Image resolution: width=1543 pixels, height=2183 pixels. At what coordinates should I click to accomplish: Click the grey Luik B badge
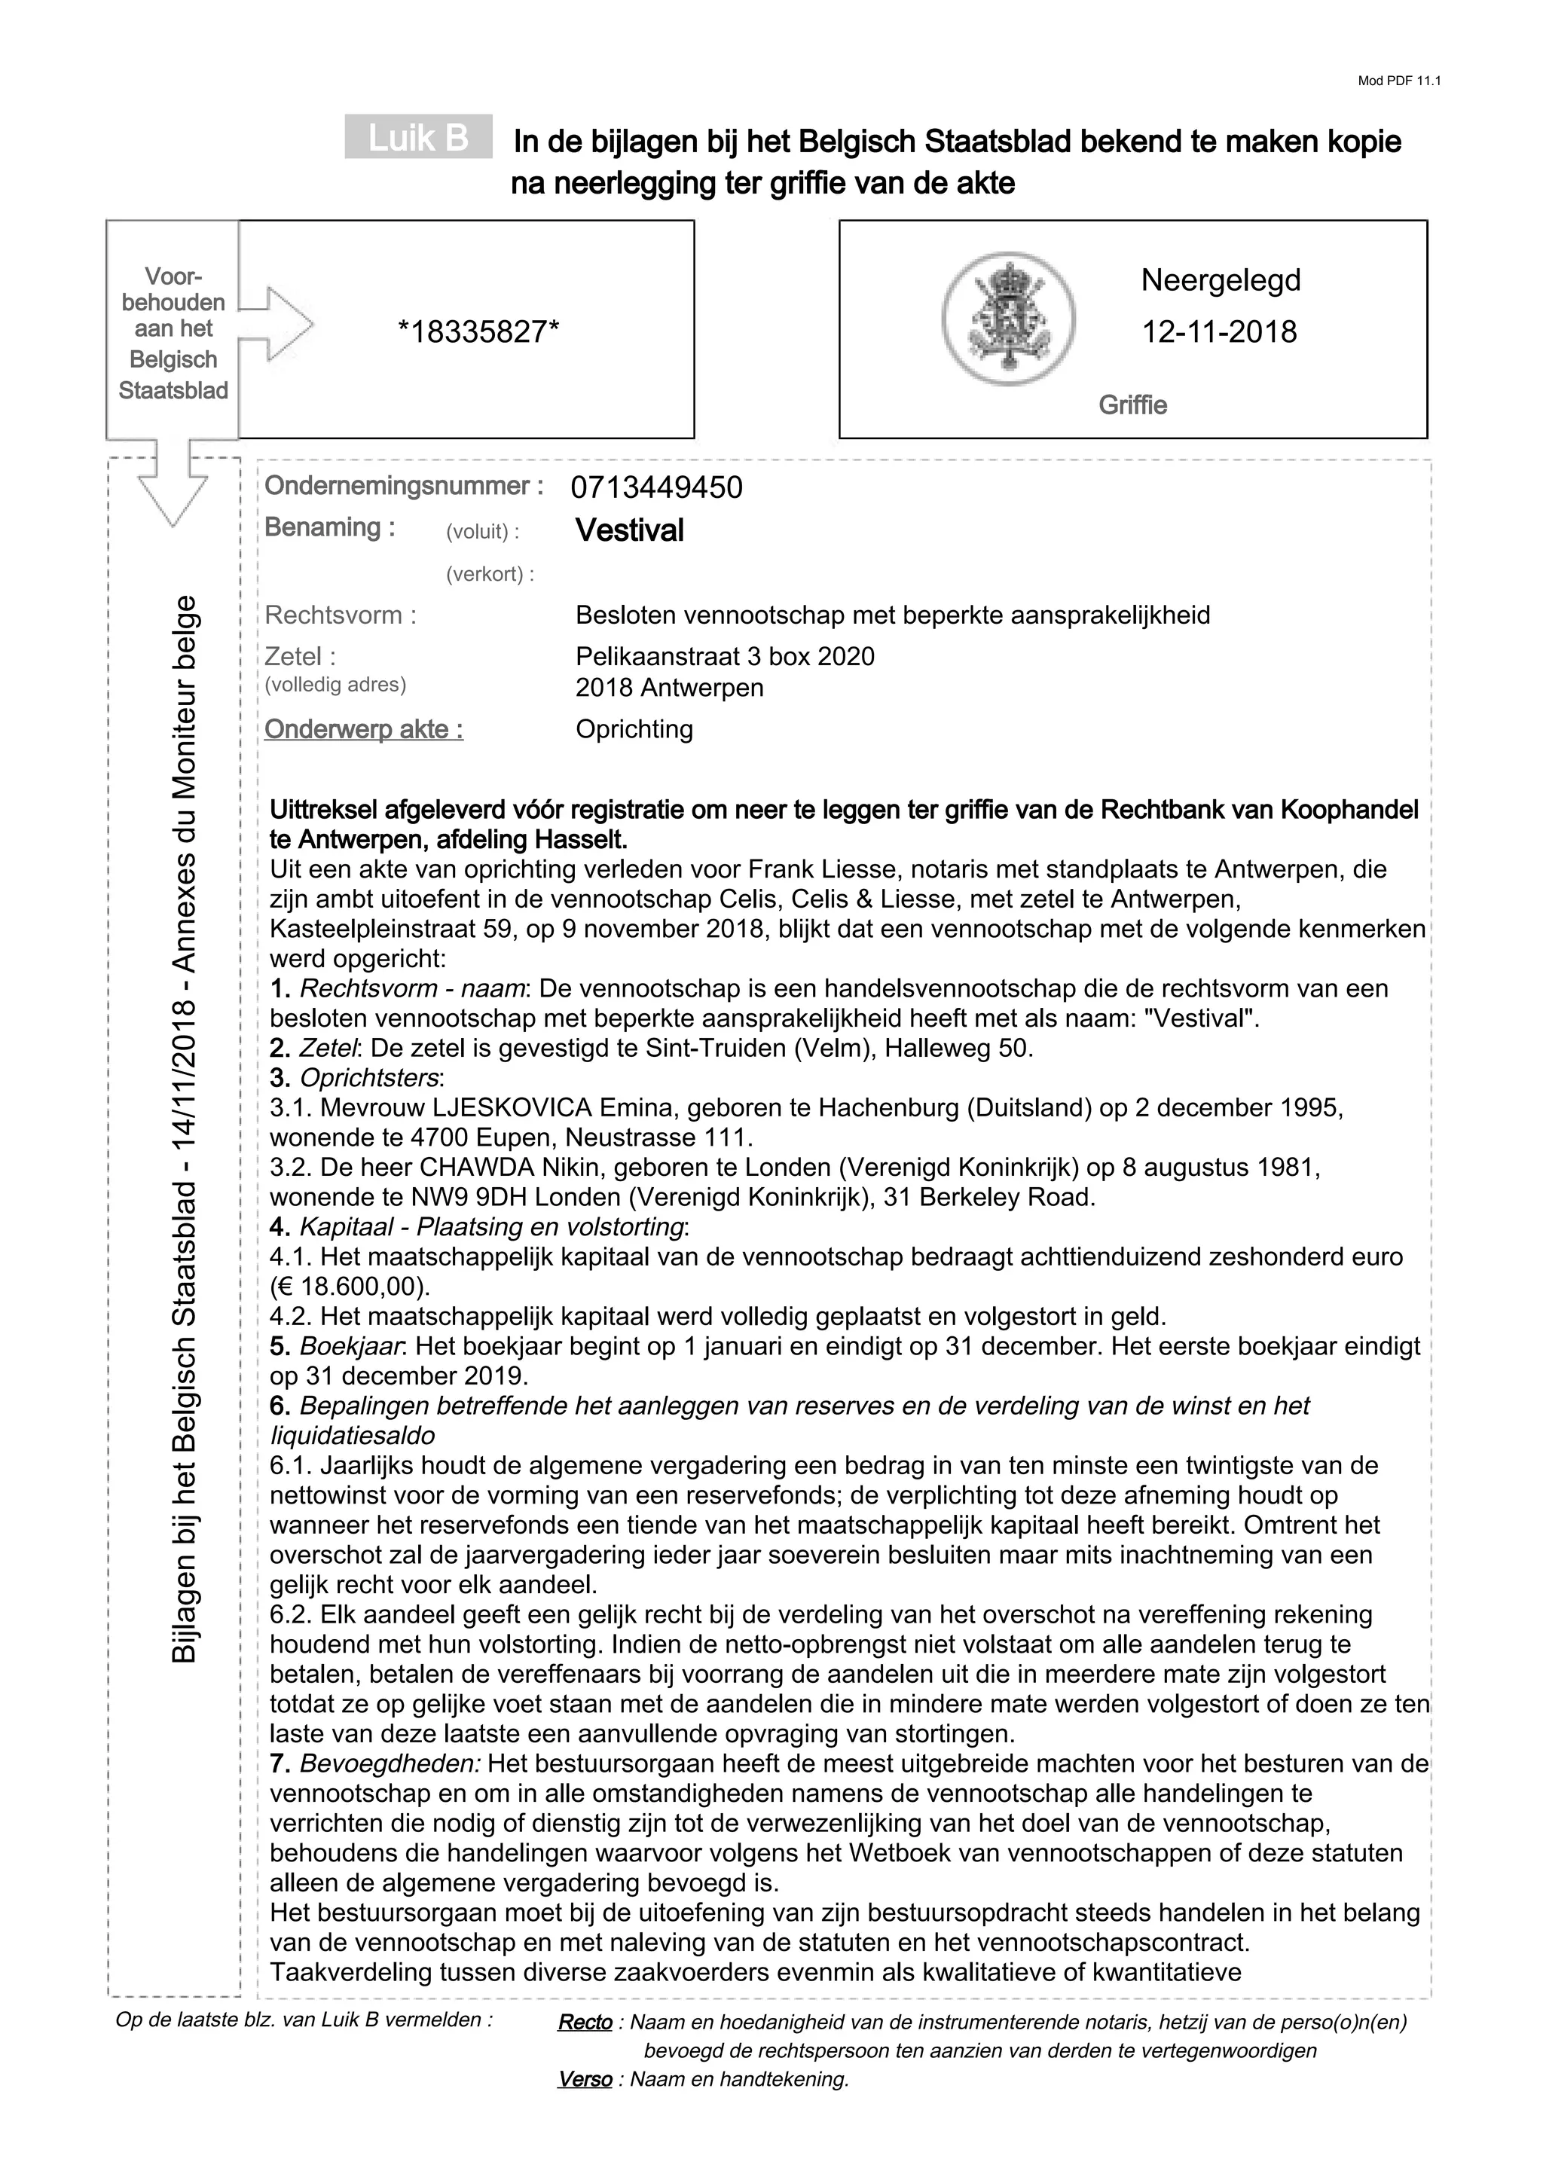click(x=418, y=138)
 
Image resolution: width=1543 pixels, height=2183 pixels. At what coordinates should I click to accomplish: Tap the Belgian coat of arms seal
click(x=1008, y=319)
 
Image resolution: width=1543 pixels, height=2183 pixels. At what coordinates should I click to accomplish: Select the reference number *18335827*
click(x=478, y=332)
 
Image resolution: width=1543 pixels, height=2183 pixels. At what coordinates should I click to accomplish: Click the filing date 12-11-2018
click(x=1219, y=332)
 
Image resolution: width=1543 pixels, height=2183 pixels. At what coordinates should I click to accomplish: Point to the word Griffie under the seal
click(x=1132, y=406)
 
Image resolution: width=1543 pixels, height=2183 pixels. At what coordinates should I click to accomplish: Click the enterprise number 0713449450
click(x=656, y=488)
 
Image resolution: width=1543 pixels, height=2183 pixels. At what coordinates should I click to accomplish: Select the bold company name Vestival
click(x=629, y=530)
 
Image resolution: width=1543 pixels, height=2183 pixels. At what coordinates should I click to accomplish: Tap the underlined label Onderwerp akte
click(x=363, y=729)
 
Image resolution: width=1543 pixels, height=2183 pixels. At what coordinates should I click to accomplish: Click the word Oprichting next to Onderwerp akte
click(x=634, y=729)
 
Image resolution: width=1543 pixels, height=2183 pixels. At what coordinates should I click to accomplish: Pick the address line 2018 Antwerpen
click(x=669, y=688)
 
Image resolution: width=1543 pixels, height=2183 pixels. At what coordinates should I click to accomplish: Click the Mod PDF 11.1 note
click(x=1398, y=81)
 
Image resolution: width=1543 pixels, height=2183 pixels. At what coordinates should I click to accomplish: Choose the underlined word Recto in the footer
click(x=585, y=2023)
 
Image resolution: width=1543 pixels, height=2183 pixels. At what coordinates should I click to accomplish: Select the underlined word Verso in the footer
click(x=585, y=2079)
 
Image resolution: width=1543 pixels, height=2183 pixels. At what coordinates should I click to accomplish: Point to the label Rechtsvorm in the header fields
click(x=339, y=615)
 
